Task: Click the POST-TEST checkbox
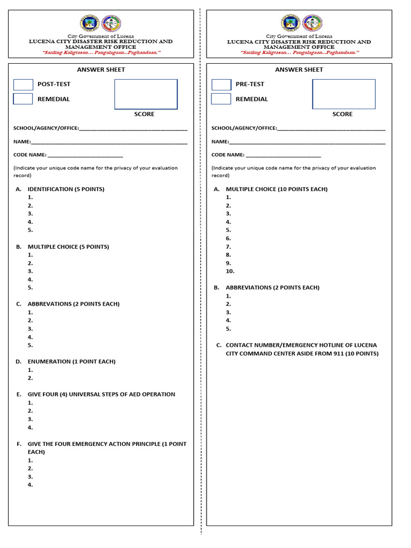tap(23, 85)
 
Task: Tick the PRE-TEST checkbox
tap(221, 85)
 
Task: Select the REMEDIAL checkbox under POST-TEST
tap(23, 99)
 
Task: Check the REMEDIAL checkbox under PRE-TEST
tap(221, 99)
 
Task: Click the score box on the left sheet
tap(146, 94)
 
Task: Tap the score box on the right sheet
tap(344, 94)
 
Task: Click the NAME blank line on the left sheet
tap(109, 143)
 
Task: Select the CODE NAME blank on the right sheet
tap(283, 155)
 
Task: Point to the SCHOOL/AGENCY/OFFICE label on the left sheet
tap(46, 128)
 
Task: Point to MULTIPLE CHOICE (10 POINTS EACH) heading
tap(276, 189)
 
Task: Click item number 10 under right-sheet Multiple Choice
tap(230, 271)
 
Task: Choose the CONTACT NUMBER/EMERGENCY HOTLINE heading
tap(302, 346)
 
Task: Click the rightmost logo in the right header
tap(313, 23)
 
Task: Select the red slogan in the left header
tap(101, 53)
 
